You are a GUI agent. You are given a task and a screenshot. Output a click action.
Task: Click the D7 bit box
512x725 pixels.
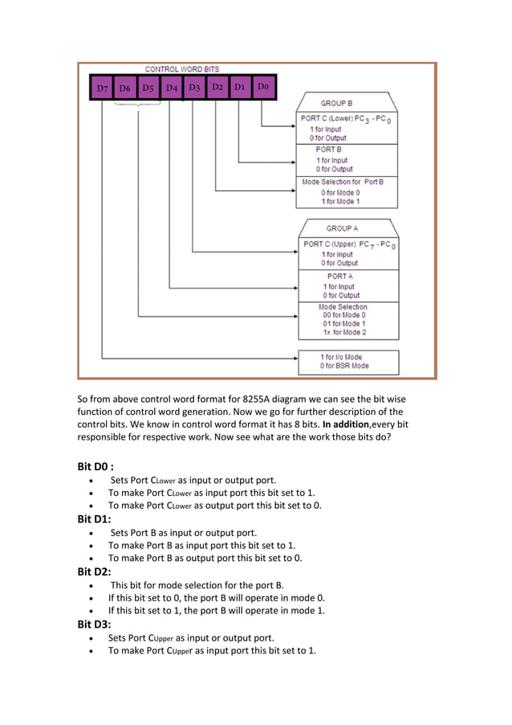tap(102, 88)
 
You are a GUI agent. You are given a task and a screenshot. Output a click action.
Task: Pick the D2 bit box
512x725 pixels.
tap(217, 86)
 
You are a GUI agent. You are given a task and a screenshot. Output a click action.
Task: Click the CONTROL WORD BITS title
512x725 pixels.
tap(181, 69)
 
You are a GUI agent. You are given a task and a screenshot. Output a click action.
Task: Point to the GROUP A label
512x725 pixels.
tap(343, 228)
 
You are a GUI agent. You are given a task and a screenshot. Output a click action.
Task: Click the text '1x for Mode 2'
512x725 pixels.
tap(343, 332)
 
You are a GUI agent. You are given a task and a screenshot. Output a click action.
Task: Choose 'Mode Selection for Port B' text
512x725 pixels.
tap(343, 182)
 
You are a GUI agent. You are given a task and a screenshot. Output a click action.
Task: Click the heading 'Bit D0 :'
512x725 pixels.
tap(95, 465)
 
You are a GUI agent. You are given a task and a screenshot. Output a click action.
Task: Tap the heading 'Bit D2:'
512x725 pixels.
tap(94, 571)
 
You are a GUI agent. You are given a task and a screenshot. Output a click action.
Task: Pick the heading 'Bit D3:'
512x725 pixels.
tap(94, 624)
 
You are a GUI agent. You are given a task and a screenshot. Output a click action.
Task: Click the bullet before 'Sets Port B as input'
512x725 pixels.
tap(97, 532)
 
